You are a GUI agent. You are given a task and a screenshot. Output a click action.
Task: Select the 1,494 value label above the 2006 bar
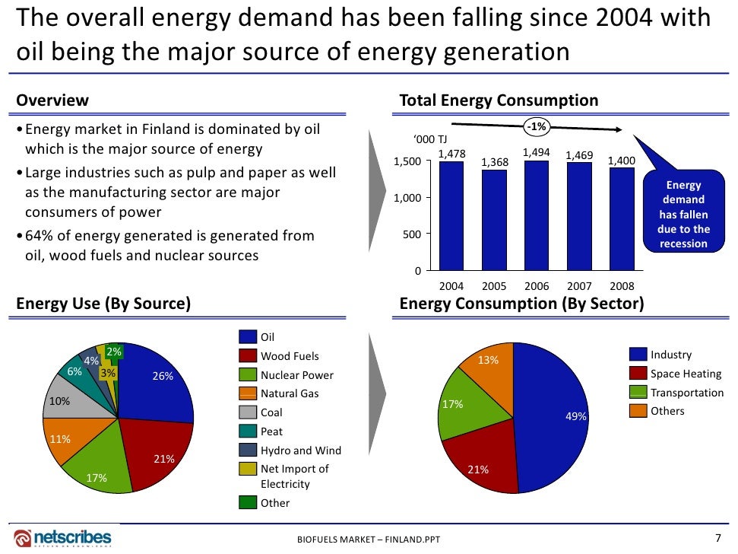(537, 152)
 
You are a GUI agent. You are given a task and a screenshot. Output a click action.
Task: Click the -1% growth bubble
(537, 127)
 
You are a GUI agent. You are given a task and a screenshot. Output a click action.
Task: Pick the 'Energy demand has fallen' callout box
(683, 214)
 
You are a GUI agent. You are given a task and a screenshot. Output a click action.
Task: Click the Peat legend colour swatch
(248, 431)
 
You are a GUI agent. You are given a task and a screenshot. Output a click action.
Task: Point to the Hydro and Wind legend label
(301, 451)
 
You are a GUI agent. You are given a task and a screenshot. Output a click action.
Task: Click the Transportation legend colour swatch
(638, 393)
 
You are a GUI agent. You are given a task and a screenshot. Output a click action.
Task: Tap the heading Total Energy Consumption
(499, 101)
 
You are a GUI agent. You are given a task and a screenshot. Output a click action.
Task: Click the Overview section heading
(52, 101)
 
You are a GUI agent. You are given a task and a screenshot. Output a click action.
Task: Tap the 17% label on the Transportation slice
(452, 404)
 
